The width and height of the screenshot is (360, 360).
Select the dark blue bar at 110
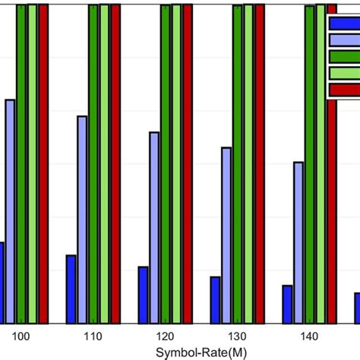(x=71, y=289)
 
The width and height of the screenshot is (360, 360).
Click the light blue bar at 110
(x=82, y=219)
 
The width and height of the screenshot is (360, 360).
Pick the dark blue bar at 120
(x=143, y=295)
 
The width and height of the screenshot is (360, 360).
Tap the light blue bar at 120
(x=154, y=228)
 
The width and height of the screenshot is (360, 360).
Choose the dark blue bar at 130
(x=215, y=299)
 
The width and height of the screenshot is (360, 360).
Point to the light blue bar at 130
(x=226, y=235)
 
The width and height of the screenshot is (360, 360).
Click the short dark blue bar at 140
(x=287, y=304)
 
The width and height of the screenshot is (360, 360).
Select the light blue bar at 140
(x=298, y=242)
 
